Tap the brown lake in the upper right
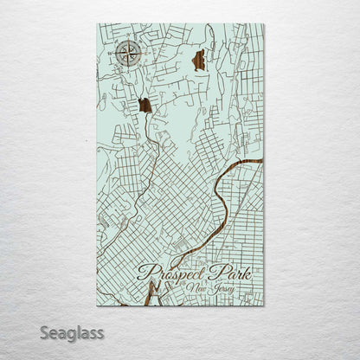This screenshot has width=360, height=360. click(199, 60)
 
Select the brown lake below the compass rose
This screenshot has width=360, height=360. click(145, 106)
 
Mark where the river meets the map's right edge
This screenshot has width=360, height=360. click(262, 161)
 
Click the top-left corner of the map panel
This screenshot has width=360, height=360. click(97, 24)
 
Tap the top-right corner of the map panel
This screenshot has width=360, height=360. click(264, 24)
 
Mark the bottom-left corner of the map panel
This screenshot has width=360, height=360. click(97, 305)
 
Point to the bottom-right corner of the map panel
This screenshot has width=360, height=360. click(264, 305)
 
